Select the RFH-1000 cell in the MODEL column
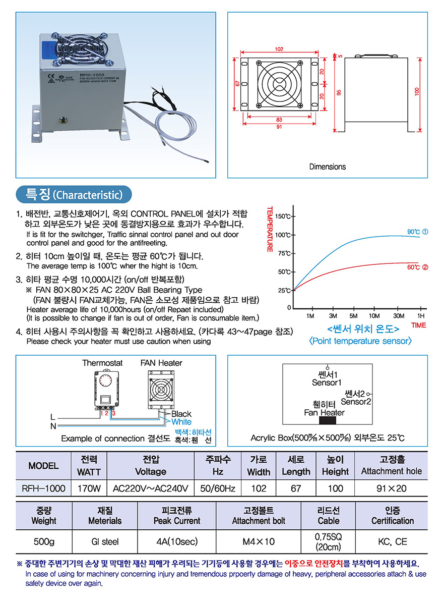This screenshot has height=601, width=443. (43, 488)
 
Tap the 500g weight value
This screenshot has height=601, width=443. (44, 541)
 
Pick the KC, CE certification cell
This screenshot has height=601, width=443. (392, 541)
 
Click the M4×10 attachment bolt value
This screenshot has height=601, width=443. (258, 541)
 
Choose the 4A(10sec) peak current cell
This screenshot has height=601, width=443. (177, 541)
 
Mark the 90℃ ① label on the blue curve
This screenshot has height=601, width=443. (417, 232)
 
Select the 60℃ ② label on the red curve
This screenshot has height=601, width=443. (417, 267)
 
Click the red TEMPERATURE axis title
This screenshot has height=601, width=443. (270, 229)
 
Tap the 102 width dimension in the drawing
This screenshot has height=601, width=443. (279, 49)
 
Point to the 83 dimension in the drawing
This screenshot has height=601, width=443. (279, 119)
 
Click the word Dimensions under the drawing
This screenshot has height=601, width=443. (328, 167)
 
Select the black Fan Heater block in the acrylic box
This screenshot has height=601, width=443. (331, 421)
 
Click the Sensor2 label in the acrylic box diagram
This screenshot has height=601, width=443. (356, 402)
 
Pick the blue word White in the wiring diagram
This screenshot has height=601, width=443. (181, 421)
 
